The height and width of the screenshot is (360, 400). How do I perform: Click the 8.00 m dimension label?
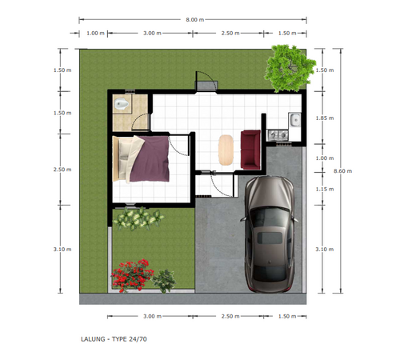tap(195, 20)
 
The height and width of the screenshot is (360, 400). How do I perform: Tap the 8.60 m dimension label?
tap(342, 171)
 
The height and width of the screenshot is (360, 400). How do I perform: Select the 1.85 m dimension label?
tap(325, 118)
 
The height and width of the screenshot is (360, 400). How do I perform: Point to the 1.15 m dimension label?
tap(325, 189)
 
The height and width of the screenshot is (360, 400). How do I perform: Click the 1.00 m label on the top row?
tap(95, 34)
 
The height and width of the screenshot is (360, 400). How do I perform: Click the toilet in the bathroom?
tap(122, 104)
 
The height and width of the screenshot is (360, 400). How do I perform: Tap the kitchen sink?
tap(294, 119)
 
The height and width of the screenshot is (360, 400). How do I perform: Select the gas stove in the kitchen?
tap(278, 135)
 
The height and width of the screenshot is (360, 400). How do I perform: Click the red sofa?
tap(250, 150)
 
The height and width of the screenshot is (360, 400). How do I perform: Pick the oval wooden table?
tap(226, 150)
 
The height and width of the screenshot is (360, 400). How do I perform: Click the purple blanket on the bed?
tap(150, 158)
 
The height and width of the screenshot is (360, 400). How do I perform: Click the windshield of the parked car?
tap(270, 218)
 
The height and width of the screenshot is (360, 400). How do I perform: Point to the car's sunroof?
tap(270, 238)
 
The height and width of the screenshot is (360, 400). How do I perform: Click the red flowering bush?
tap(132, 275)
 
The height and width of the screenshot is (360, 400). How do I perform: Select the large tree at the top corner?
tap(290, 68)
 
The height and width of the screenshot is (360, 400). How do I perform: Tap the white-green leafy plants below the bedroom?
tap(138, 218)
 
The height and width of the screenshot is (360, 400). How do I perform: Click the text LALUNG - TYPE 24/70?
tap(114, 339)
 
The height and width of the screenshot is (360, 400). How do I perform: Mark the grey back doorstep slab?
tap(207, 86)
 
